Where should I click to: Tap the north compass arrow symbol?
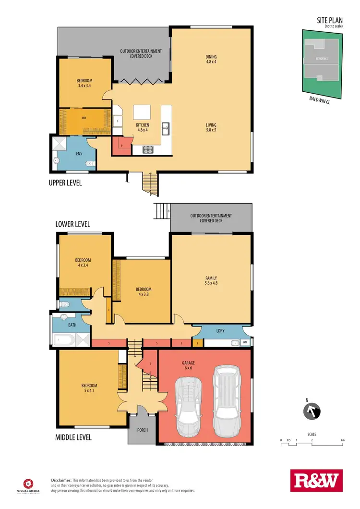click(x=311, y=412)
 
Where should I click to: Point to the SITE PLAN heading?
click(x=330, y=20)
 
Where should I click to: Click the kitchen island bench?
click(x=143, y=112)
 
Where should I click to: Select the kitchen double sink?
click(x=165, y=128)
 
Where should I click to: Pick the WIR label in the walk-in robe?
click(x=84, y=117)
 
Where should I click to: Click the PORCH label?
click(x=142, y=430)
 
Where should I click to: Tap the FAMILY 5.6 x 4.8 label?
click(x=211, y=281)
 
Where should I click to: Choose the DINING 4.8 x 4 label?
click(x=211, y=59)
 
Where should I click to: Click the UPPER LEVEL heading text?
click(x=65, y=183)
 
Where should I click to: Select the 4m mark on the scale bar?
click(x=342, y=440)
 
